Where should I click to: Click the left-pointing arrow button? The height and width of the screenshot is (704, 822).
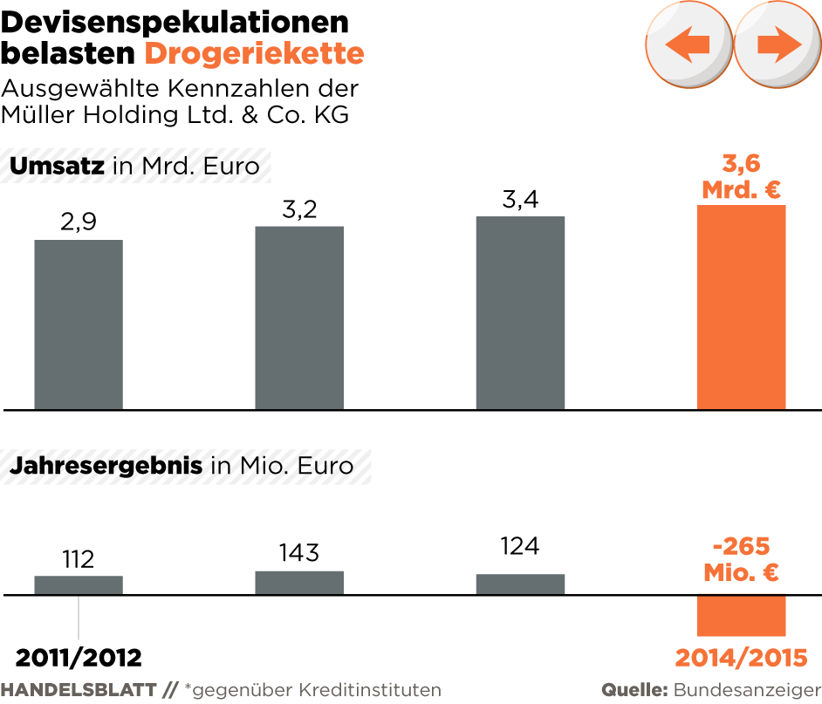(x=688, y=44)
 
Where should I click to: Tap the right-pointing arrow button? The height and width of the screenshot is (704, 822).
(x=777, y=44)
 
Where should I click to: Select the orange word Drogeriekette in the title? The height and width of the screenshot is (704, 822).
(x=254, y=53)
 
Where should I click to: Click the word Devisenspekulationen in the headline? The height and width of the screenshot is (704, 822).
(x=175, y=22)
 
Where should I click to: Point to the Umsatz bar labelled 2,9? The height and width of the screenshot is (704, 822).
(x=79, y=325)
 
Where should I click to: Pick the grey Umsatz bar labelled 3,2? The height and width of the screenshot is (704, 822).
(x=299, y=318)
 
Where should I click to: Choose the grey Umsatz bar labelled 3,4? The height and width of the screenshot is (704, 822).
(x=520, y=312)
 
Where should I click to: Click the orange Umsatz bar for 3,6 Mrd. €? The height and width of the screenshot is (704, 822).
(x=741, y=307)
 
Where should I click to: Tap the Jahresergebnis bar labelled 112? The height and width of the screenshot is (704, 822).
(x=79, y=585)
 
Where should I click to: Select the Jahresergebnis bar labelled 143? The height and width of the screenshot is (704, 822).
(x=299, y=583)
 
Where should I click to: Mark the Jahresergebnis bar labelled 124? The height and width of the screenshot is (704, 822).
(x=520, y=584)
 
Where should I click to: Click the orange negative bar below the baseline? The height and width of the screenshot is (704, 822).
(x=741, y=616)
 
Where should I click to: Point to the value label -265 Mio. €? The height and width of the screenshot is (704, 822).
(x=741, y=559)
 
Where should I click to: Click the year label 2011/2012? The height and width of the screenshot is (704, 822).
(x=79, y=657)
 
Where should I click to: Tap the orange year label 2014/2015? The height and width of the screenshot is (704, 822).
(x=741, y=657)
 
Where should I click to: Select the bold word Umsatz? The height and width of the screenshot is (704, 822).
(x=58, y=166)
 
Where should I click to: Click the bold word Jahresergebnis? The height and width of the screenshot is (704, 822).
(x=106, y=466)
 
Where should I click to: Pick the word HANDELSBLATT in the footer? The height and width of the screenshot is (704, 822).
(x=79, y=690)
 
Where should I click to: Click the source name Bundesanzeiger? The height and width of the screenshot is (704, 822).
(x=747, y=690)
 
